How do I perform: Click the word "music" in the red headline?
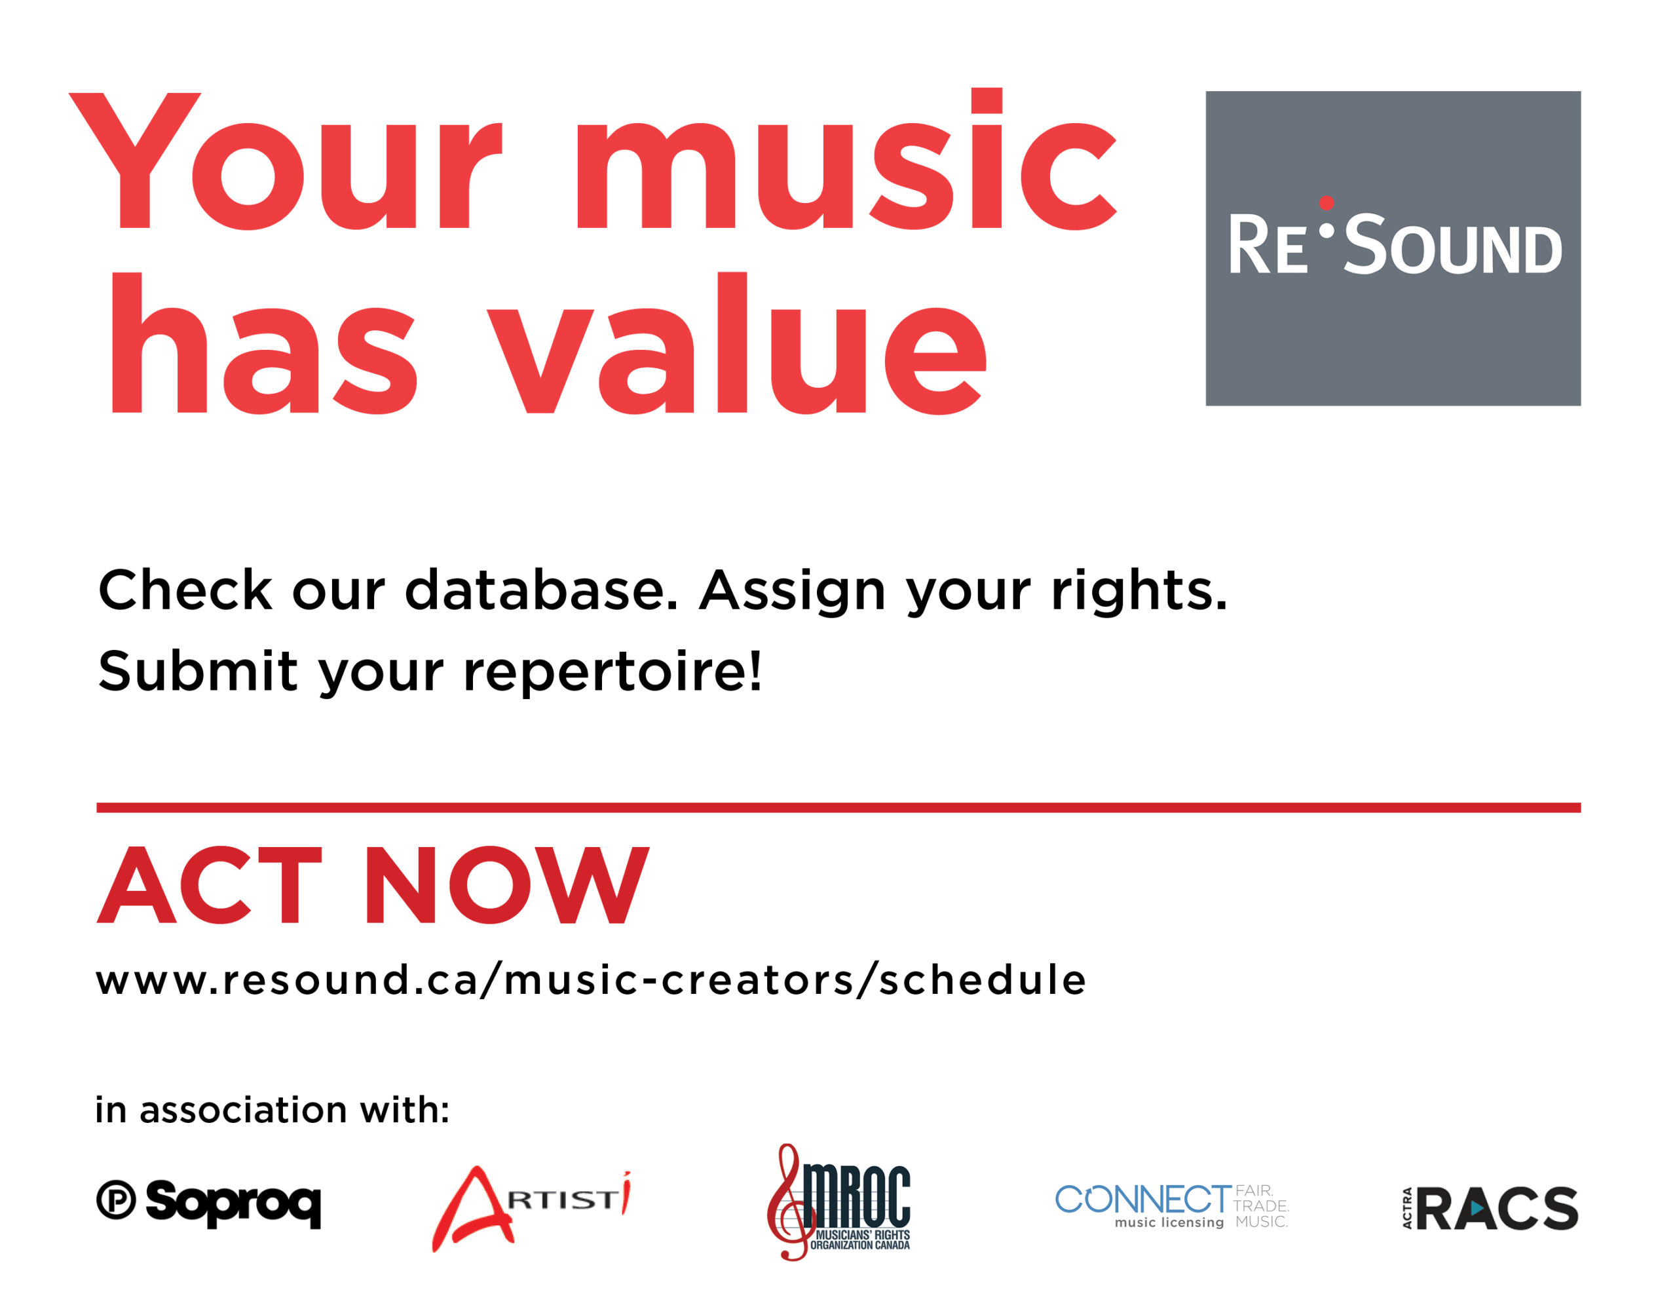pyautogui.click(x=846, y=160)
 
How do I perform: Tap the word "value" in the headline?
pyautogui.click(x=736, y=343)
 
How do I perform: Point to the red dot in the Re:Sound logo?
pyautogui.click(x=1326, y=202)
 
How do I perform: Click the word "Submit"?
pyautogui.click(x=198, y=670)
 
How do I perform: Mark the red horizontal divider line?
pyautogui.click(x=838, y=808)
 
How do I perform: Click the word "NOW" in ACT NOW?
pyautogui.click(x=507, y=884)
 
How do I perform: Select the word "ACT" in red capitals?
pyautogui.click(x=209, y=884)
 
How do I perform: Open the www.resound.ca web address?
pyautogui.click(x=590, y=981)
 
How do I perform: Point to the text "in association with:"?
pyautogui.click(x=272, y=1110)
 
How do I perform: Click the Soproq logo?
pyautogui.click(x=208, y=1204)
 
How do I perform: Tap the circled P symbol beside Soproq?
pyautogui.click(x=116, y=1200)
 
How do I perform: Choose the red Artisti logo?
pyautogui.click(x=531, y=1208)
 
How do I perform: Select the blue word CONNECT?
pyautogui.click(x=1143, y=1199)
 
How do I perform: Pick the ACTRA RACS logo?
pyautogui.click(x=1490, y=1208)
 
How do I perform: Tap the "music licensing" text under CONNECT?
pyautogui.click(x=1169, y=1222)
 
